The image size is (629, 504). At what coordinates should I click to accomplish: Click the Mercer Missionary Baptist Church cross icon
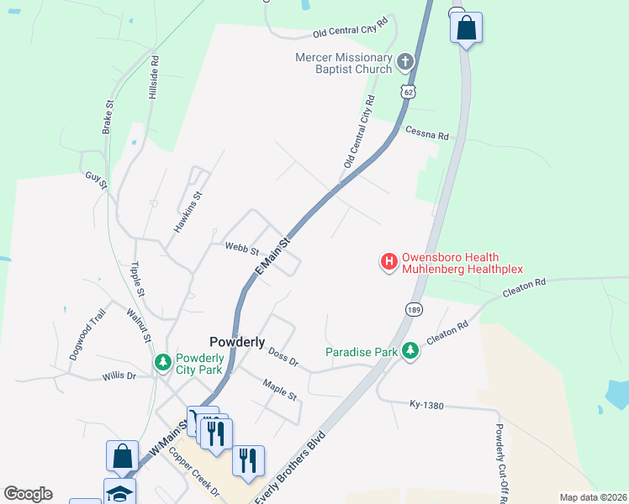(x=405, y=61)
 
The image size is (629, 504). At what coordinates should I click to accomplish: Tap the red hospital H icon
(x=389, y=262)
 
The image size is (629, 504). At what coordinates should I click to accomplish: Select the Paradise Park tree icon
(x=410, y=351)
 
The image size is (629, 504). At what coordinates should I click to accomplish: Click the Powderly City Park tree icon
(x=163, y=362)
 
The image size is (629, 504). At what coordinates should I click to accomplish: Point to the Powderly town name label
(x=237, y=342)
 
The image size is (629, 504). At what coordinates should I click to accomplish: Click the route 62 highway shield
(x=409, y=90)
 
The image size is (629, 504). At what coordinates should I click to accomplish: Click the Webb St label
(x=242, y=249)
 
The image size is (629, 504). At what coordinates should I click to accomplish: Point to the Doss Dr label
(x=283, y=358)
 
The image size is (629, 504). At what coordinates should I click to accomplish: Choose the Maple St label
(x=280, y=391)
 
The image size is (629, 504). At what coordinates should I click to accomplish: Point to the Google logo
(x=28, y=494)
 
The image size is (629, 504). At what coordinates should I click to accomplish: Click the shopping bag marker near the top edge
(x=465, y=29)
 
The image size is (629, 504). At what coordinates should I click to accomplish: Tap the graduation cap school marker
(x=119, y=493)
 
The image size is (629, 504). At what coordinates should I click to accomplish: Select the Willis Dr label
(x=119, y=375)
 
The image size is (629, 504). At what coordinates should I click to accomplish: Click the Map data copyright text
(x=593, y=497)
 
